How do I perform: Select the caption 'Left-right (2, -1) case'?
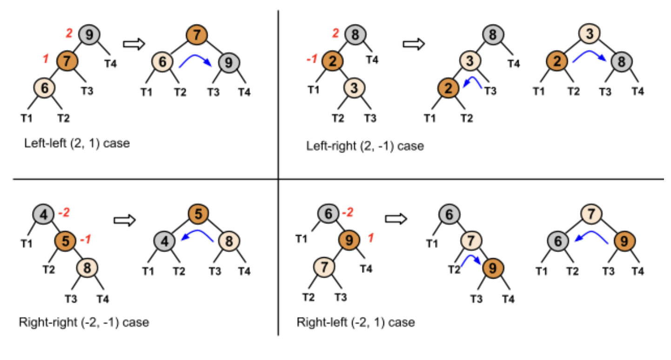pos(365,146)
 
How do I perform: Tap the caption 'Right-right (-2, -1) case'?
pos(84,322)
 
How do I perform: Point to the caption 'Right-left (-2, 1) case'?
pos(356,322)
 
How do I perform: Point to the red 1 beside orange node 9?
pos(371,239)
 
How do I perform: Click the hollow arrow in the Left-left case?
pos(134,44)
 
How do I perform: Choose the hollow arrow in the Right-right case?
pos(124,220)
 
